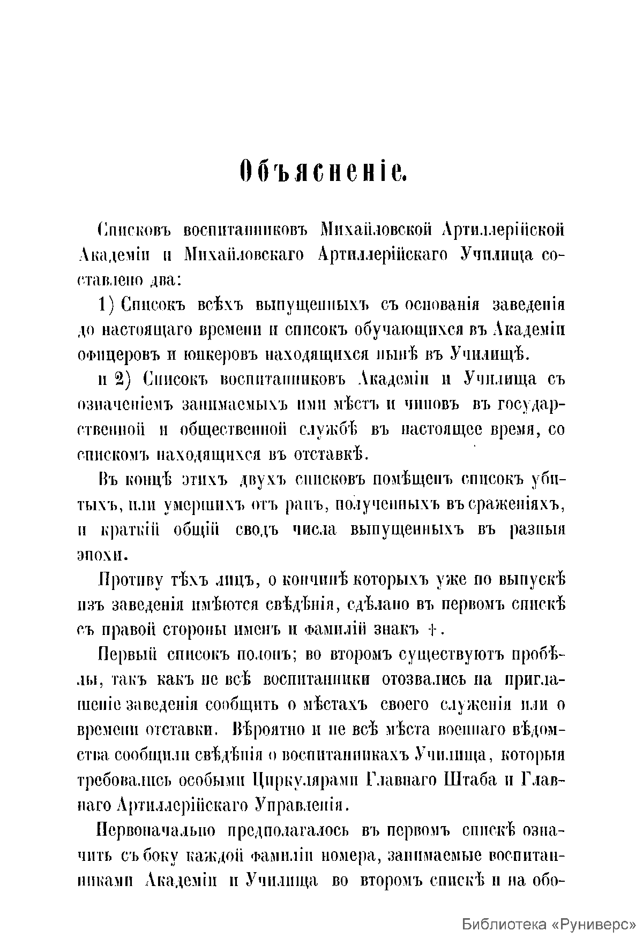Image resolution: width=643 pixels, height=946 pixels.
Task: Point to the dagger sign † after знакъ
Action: pos(432,630)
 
